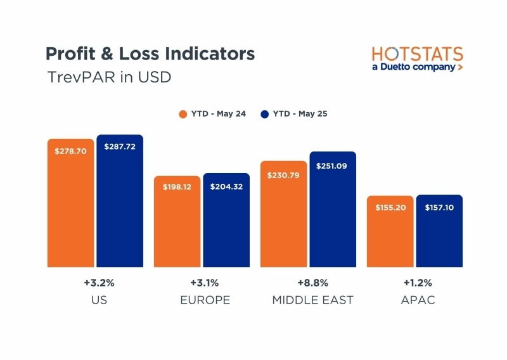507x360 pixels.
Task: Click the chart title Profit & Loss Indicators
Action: [x=150, y=53]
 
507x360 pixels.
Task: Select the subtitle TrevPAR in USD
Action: [x=109, y=77]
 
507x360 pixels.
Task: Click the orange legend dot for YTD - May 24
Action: [x=183, y=114]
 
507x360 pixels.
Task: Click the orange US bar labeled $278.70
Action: [x=71, y=203]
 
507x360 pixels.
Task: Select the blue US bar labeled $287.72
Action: [x=120, y=201]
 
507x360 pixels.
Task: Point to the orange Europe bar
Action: [x=177, y=221]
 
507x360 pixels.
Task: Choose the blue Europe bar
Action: [x=226, y=220]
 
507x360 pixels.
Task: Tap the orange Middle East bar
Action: [x=283, y=214]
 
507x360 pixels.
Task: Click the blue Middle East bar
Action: [x=333, y=209]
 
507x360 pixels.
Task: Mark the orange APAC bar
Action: [x=390, y=231]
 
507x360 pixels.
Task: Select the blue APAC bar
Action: [x=439, y=231]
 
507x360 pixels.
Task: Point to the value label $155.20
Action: [x=390, y=208]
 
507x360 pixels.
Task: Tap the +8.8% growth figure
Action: [x=312, y=282]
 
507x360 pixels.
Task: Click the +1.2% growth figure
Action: [x=418, y=282]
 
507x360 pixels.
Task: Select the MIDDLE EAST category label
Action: [x=312, y=300]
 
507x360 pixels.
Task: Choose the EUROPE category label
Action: [x=205, y=300]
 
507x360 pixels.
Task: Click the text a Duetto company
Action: [x=413, y=67]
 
